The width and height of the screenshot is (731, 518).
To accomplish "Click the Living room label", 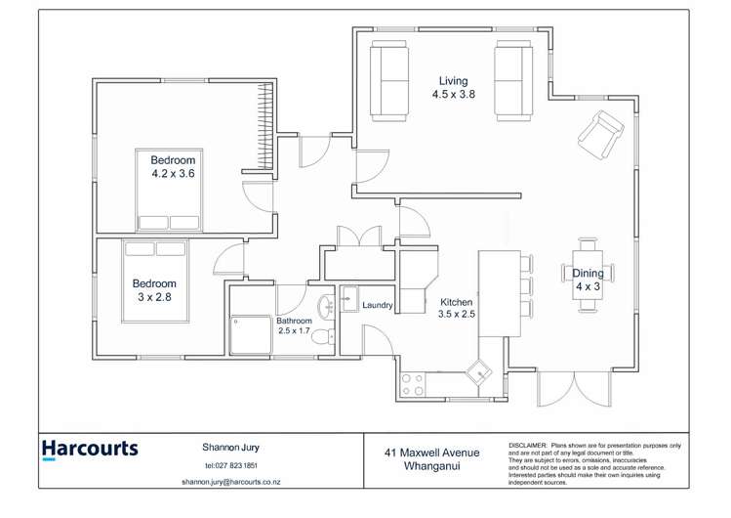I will click(x=453, y=80).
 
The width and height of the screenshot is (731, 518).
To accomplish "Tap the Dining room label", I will click(x=588, y=274).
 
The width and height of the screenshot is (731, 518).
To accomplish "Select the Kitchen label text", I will click(x=456, y=302).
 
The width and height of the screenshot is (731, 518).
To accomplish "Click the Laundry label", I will click(x=377, y=306).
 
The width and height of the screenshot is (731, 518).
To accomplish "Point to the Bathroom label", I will click(x=294, y=321).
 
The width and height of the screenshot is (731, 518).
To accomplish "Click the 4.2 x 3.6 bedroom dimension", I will click(x=173, y=174).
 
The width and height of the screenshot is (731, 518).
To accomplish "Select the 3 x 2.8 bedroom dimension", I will click(x=152, y=298).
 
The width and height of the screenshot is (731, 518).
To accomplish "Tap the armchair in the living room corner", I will click(x=600, y=134).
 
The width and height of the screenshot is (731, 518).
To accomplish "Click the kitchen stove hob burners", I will click(x=412, y=384).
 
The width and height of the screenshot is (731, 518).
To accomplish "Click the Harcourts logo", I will click(x=90, y=450).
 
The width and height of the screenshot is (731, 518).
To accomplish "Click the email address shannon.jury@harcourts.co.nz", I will click(x=231, y=482).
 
